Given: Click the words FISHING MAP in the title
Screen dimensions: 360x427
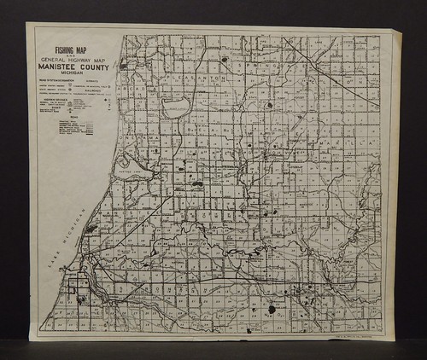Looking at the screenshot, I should pos(73,49).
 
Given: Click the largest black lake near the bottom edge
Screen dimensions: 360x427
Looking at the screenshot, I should pos(272,309).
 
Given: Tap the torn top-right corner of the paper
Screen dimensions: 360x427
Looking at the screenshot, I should pos(395,34).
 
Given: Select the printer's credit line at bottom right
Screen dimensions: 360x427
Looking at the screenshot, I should pos(359,334).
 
